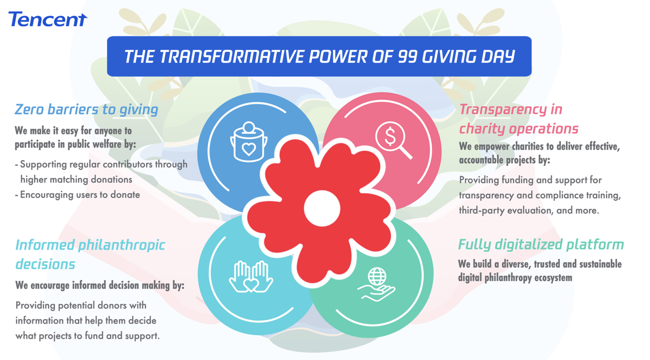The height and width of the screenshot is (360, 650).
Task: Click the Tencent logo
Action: point(48,19)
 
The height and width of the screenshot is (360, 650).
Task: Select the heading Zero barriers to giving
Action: point(86,110)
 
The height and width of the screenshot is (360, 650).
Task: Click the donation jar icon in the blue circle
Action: point(248,142)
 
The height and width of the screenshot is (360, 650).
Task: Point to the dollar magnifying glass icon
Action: point(393,139)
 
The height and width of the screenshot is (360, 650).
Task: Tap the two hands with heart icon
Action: point(251,277)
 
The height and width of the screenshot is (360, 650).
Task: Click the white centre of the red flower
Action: point(322,208)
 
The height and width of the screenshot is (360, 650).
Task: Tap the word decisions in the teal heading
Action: point(45,265)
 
